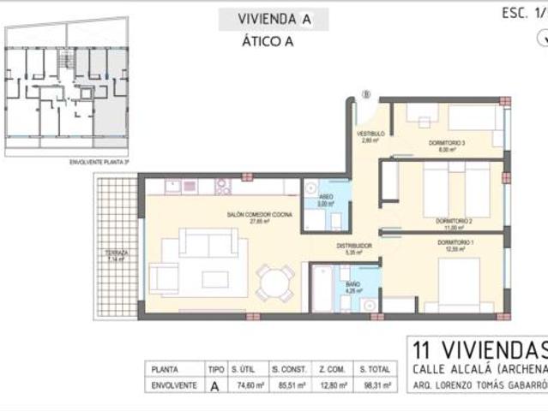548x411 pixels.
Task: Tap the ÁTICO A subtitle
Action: [268, 42]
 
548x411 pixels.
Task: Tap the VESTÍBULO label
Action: [370, 134]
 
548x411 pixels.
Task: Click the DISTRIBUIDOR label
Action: [353, 247]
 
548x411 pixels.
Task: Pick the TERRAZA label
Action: [117, 254]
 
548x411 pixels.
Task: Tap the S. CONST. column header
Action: [289, 369]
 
